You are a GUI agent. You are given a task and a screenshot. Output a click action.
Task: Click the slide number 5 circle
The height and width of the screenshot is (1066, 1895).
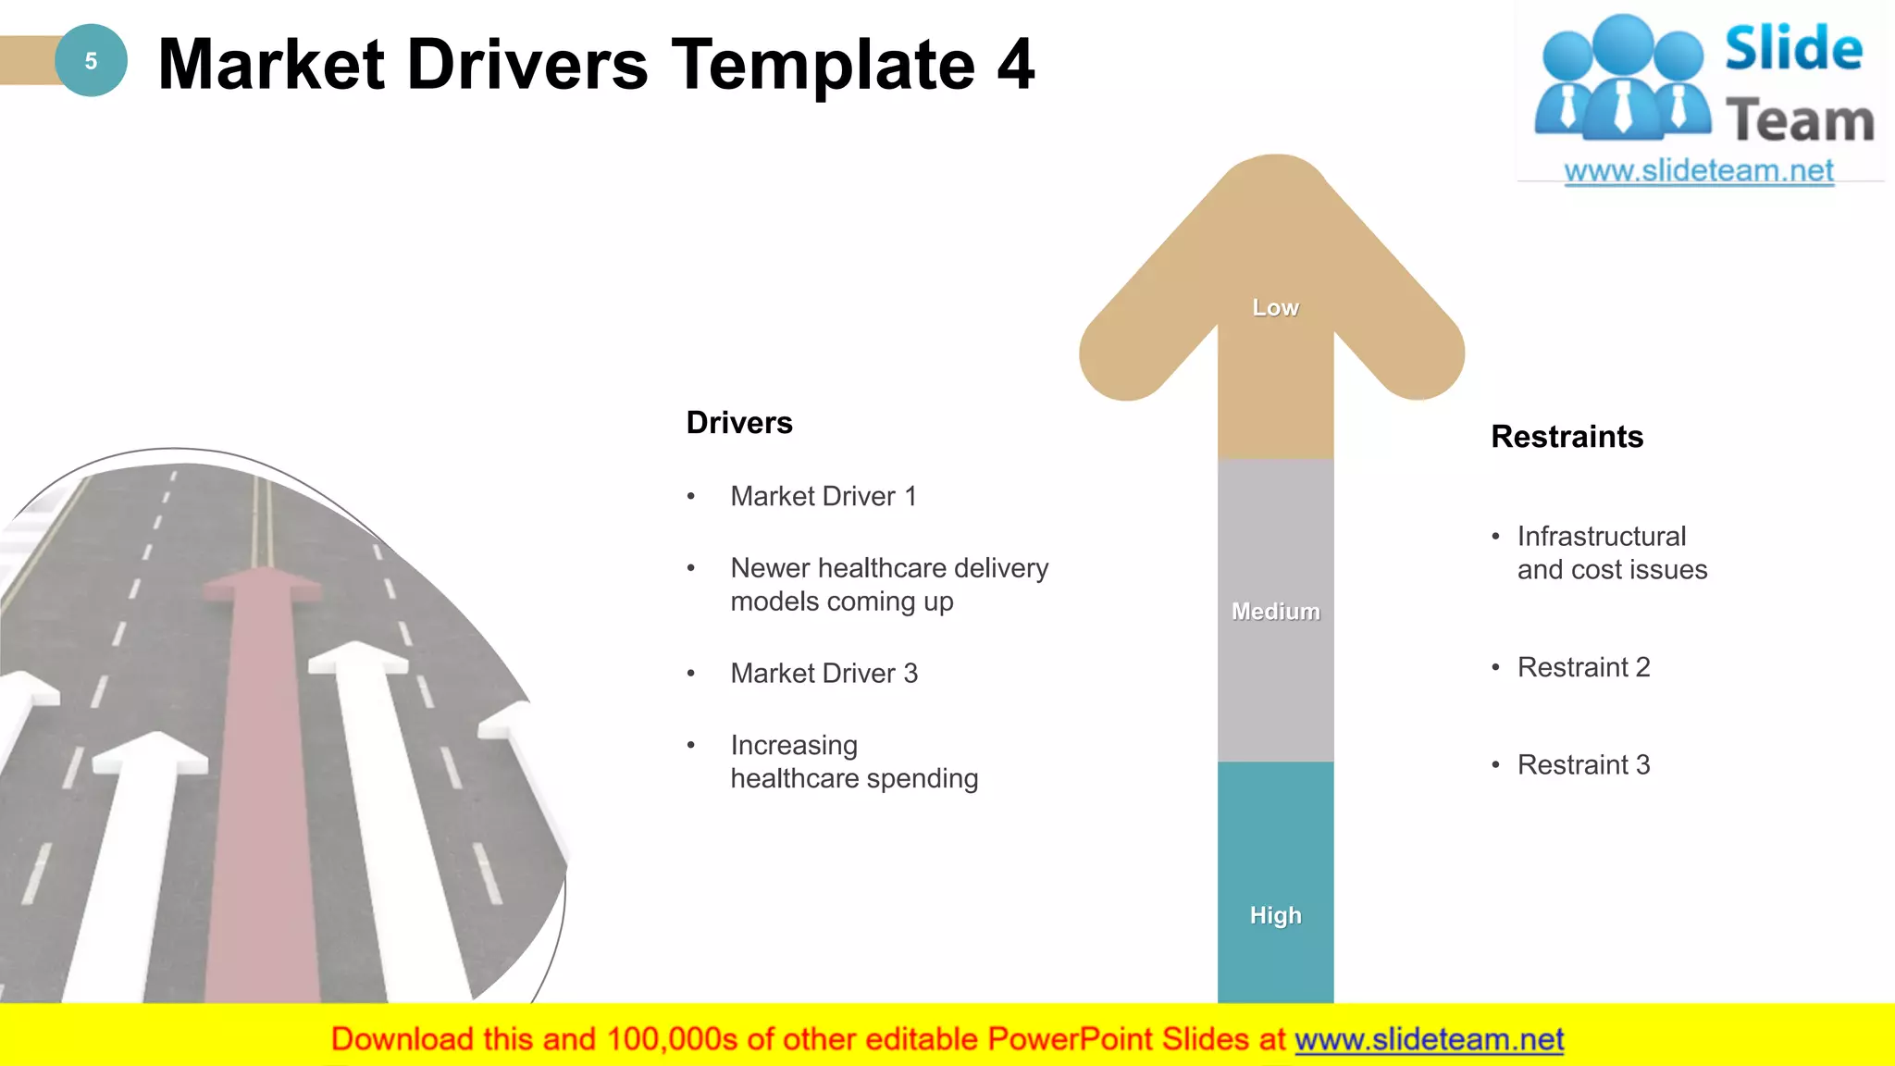point(91,61)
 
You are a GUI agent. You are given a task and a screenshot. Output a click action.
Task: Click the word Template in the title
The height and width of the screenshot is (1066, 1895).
point(823,65)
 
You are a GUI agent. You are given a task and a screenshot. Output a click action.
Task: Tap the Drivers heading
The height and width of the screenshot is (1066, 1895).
point(739,423)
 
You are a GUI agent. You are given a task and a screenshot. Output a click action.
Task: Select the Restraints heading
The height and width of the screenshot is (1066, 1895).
point(1567,437)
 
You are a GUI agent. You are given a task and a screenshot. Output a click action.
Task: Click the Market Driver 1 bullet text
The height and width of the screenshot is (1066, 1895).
point(823,497)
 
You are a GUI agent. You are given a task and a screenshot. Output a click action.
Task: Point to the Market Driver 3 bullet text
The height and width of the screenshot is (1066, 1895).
point(824,674)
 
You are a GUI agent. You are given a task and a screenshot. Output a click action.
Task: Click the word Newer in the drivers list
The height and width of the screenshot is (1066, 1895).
point(770,568)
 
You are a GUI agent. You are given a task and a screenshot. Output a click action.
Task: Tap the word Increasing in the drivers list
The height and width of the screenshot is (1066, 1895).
point(794,745)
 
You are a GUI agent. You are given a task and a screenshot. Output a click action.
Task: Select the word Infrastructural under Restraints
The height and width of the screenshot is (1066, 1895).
point(1601,537)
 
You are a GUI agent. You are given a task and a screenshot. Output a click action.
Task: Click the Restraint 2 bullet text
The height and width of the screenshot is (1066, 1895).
point(1583,667)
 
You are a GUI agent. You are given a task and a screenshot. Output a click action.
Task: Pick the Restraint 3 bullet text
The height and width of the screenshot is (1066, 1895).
point(1583,765)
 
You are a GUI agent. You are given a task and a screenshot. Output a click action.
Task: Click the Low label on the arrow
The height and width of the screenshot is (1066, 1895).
point(1275,308)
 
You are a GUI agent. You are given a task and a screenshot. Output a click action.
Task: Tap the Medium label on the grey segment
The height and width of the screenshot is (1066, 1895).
point(1275,612)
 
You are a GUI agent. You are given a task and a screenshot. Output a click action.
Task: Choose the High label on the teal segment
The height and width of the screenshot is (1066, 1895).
point(1275,915)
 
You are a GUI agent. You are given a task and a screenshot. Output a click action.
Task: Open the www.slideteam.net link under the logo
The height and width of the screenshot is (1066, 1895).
point(1698,171)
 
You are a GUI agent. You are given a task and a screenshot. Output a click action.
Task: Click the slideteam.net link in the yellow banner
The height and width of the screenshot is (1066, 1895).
point(1429,1039)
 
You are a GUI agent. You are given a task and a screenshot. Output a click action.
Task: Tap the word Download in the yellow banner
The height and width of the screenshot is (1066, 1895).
point(402,1039)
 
